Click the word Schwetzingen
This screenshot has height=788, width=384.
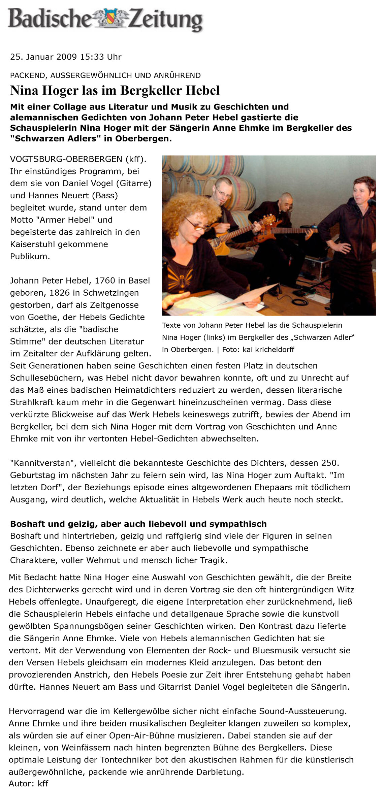coord(111,293)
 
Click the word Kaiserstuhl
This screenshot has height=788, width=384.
coord(31,244)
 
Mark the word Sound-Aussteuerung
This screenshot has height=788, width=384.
coord(302,711)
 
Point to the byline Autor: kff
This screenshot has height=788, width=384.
coord(28,783)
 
